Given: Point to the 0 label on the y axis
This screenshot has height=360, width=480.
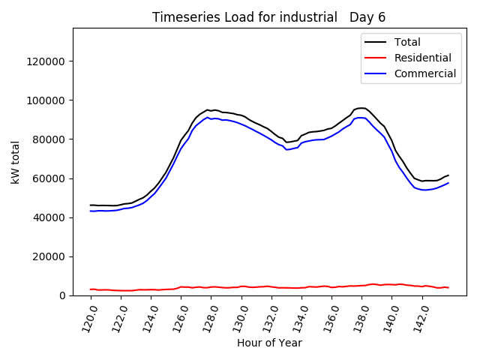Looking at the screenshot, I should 63,295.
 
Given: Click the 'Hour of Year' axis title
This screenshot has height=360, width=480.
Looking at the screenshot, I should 269,343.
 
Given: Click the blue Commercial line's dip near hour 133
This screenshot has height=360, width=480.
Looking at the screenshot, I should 286,149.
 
